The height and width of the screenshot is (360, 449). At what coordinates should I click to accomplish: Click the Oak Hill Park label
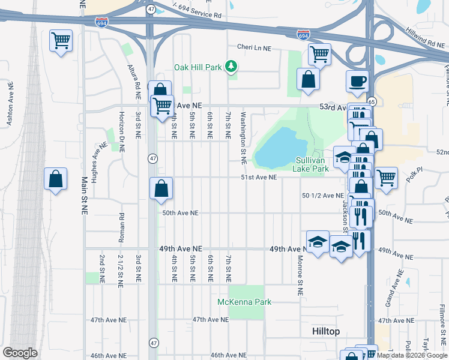(199, 67)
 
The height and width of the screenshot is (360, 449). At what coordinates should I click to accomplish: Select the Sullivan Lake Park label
(312, 164)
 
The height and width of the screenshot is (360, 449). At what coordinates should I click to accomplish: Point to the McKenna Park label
(245, 302)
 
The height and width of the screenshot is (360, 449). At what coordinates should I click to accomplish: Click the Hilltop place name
(326, 331)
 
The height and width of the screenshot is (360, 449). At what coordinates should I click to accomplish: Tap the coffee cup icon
(358, 81)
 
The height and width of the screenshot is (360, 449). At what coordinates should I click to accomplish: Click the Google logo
(20, 353)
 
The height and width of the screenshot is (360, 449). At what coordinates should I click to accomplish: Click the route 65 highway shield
(372, 102)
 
